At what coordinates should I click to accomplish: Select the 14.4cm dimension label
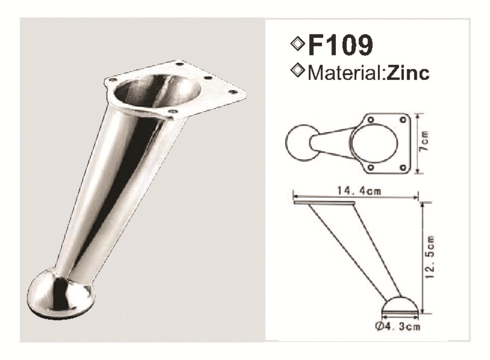click(x=356, y=192)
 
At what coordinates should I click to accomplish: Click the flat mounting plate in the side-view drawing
click(x=324, y=203)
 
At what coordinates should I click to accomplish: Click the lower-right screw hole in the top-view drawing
click(x=403, y=167)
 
